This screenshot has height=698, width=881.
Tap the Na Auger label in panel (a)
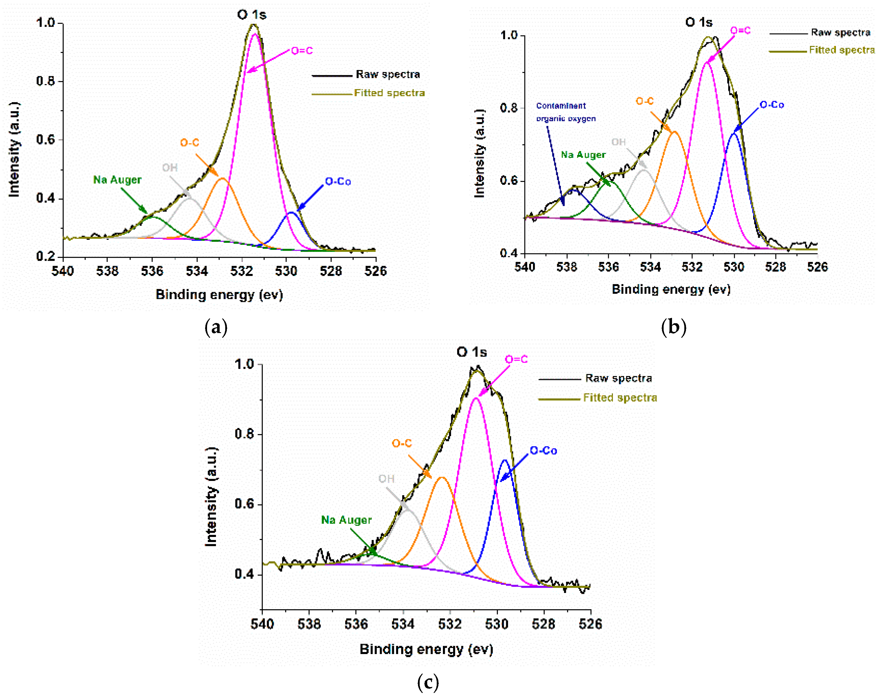click(117, 180)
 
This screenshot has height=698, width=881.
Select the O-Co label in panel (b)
click(772, 105)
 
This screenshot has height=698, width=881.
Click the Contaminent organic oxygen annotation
click(565, 112)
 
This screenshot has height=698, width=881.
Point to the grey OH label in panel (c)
click(386, 479)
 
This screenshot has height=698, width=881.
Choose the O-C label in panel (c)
click(402, 443)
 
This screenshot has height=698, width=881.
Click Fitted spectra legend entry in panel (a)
click(389, 93)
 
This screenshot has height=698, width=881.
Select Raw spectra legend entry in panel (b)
click(840, 33)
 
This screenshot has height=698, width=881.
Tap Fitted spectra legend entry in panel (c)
click(620, 398)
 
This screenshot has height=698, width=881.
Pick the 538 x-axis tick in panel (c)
click(309, 624)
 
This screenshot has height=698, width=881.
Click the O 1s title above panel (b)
click(699, 22)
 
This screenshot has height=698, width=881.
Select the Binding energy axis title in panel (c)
click(426, 649)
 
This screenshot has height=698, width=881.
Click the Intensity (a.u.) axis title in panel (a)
click(14, 150)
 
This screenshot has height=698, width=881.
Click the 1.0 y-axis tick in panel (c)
click(244, 364)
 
